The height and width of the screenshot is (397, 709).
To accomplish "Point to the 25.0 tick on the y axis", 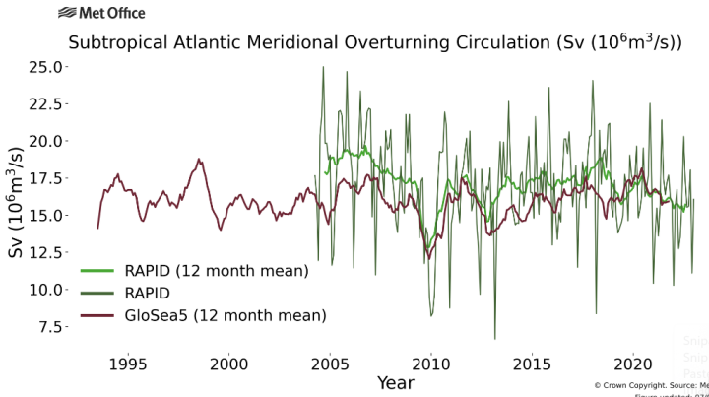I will click(46, 66).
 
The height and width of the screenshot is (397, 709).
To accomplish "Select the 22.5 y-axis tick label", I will click(46, 103).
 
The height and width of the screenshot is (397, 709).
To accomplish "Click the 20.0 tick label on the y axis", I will click(46, 141).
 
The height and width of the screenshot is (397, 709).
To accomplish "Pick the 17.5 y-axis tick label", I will click(46, 178).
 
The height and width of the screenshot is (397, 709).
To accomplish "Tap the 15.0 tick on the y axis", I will click(46, 215).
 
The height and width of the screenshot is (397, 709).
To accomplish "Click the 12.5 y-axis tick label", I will click(46, 252).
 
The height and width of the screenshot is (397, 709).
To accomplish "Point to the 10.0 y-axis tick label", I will click(46, 290).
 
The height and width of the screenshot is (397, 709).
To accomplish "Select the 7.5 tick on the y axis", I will click(50, 326).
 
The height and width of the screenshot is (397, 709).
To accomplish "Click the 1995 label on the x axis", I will click(127, 363).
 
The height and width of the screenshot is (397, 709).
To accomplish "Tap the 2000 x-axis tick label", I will click(228, 363).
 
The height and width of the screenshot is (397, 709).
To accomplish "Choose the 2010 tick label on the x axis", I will click(430, 363).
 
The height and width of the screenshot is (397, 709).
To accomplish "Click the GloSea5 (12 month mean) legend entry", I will click(225, 315).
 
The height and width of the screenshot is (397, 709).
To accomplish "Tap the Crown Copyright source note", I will click(650, 385).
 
